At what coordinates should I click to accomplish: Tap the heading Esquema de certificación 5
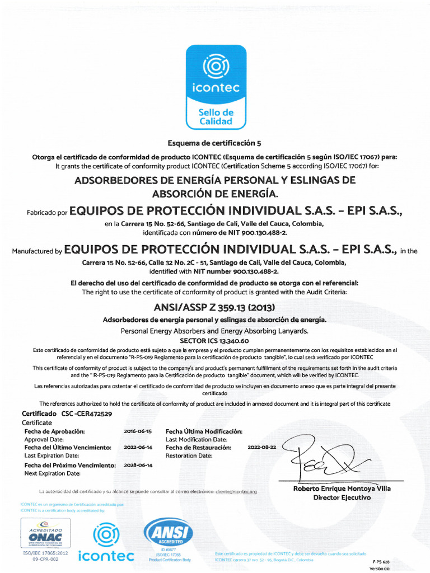215,143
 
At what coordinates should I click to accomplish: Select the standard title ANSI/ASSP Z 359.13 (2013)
214,307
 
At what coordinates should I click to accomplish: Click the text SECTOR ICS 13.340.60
214,340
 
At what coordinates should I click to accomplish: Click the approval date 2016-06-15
137,431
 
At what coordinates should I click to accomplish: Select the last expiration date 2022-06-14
137,448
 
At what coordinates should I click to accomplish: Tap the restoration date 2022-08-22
261,448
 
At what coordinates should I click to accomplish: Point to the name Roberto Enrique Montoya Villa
342,489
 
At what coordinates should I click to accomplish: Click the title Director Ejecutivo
342,497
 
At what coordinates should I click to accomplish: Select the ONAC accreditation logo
45,534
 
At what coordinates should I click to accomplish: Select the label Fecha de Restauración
198,448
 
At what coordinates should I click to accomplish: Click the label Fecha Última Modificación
204,431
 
